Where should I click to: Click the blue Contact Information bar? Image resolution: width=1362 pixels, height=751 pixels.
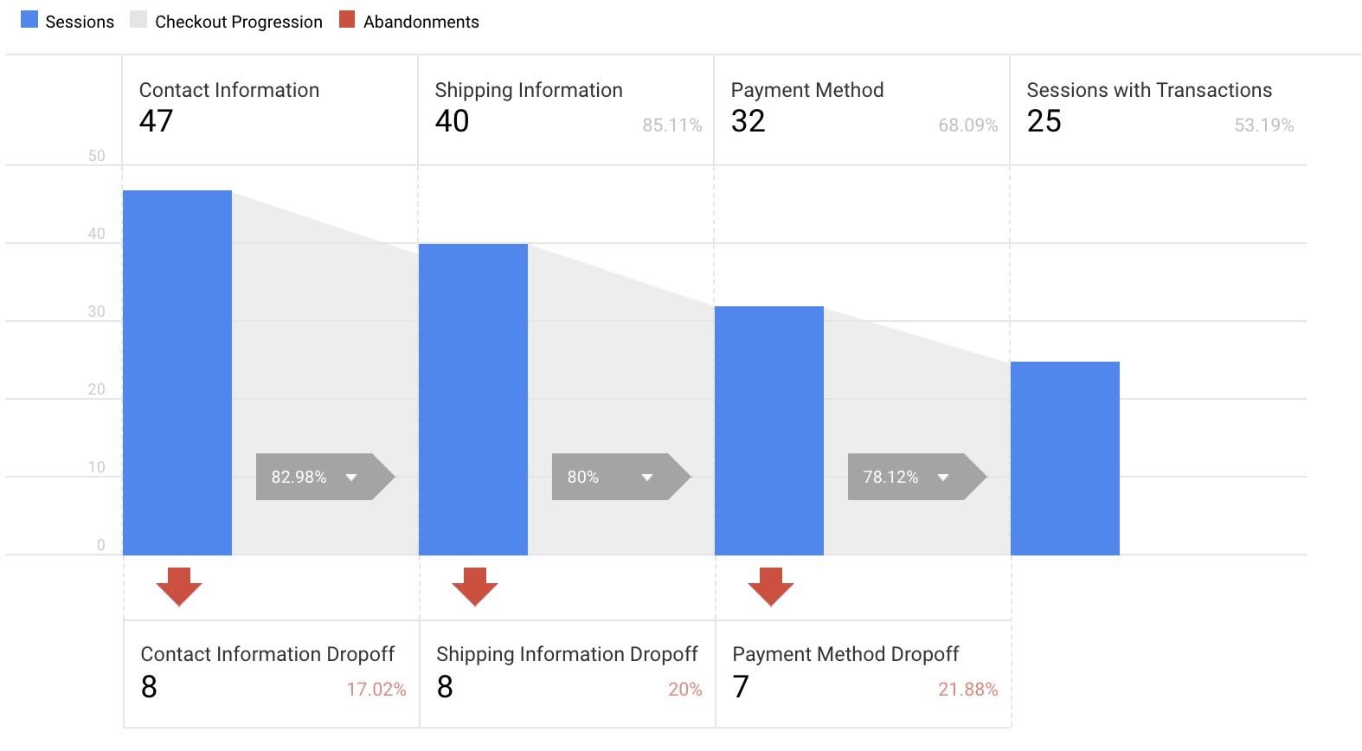[177, 372]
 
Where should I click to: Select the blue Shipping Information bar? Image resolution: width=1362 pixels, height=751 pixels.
[473, 399]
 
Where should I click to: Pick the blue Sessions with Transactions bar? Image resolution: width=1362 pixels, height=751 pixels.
[1065, 458]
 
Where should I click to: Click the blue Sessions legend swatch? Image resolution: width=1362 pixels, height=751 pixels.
[29, 20]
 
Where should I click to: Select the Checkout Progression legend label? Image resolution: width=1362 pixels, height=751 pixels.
[238, 22]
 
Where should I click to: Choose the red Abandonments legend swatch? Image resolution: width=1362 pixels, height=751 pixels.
[347, 20]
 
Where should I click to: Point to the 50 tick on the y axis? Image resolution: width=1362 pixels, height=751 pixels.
[97, 156]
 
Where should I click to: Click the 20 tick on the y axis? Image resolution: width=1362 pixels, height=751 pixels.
[97, 389]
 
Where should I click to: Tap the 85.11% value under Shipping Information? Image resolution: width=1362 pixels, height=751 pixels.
[671, 125]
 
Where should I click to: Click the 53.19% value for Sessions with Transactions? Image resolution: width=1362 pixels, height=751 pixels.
[1263, 125]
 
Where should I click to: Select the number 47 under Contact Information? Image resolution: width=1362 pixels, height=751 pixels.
[157, 121]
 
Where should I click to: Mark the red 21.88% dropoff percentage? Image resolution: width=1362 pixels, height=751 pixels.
[967, 690]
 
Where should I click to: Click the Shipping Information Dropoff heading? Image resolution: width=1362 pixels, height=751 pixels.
[567, 654]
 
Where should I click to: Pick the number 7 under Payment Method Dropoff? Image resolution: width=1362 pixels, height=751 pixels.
[741, 687]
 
